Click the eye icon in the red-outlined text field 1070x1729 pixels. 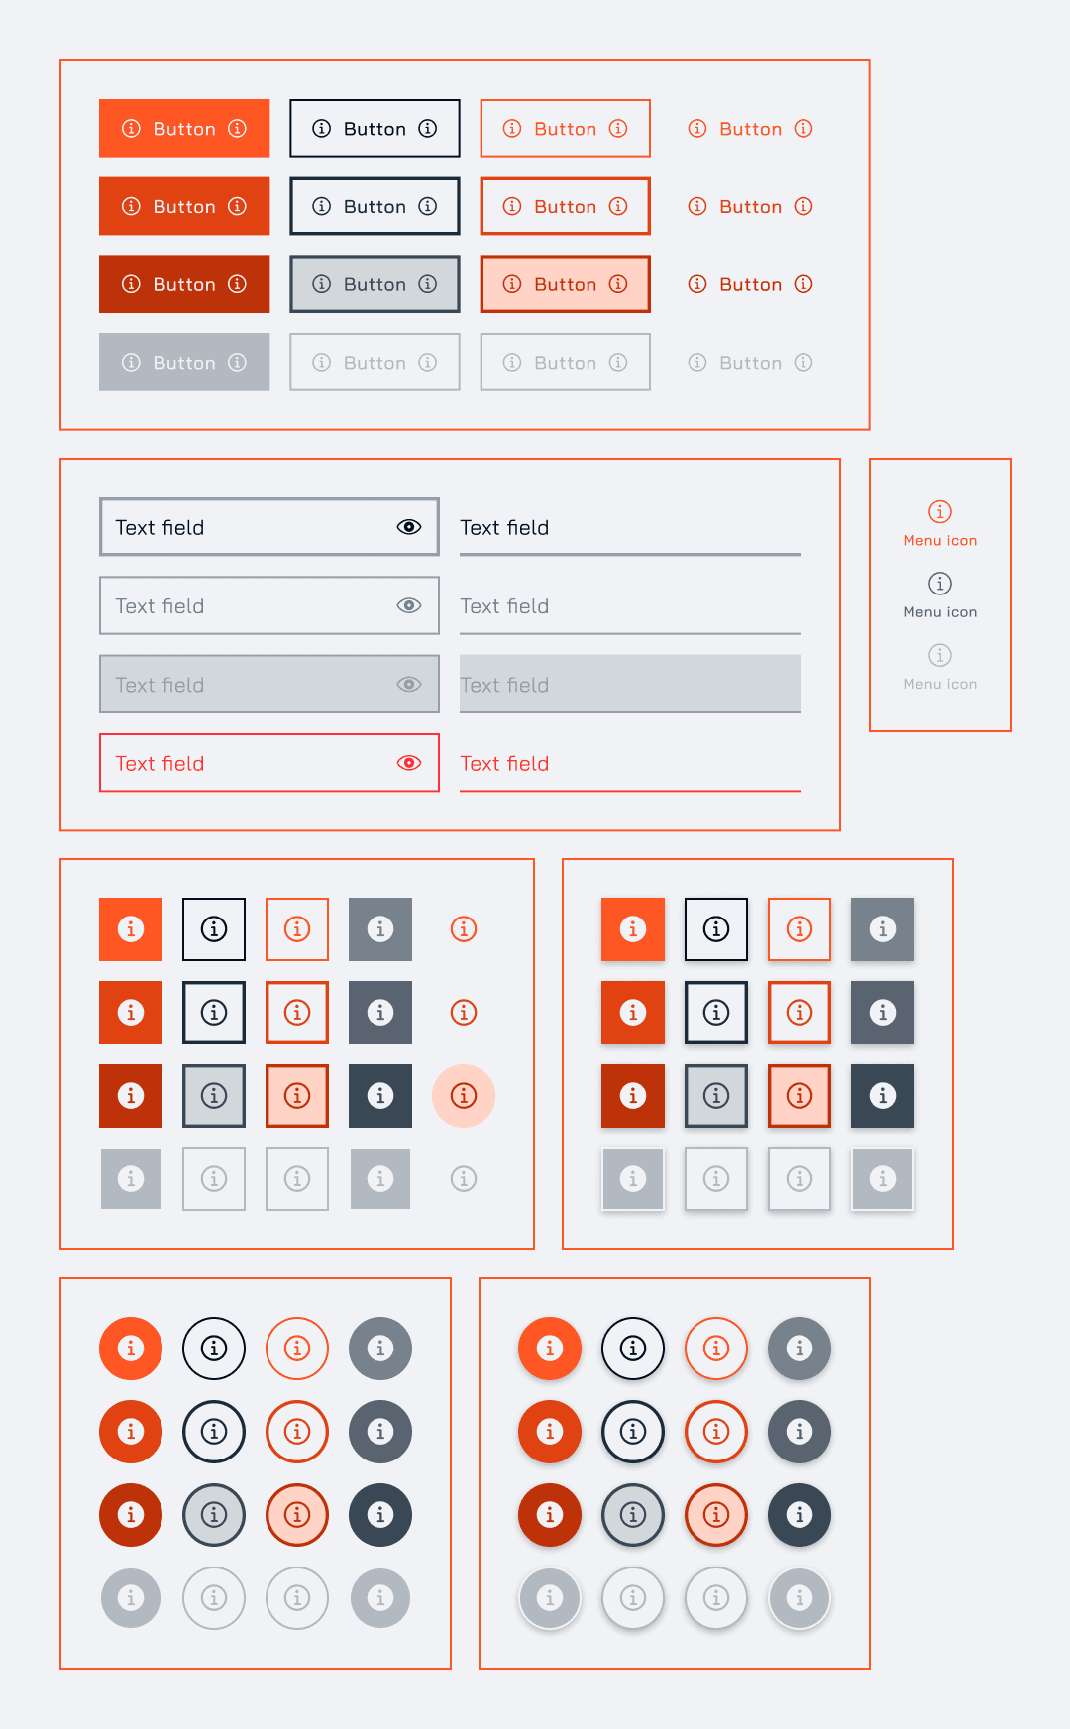(x=409, y=763)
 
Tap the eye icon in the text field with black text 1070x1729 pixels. (x=409, y=527)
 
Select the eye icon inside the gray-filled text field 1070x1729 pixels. (x=409, y=684)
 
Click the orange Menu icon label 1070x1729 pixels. (x=940, y=541)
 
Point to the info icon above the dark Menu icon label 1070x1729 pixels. (x=940, y=584)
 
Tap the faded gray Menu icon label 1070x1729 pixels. (x=940, y=684)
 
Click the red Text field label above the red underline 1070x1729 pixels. (x=504, y=763)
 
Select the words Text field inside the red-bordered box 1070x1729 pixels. (x=160, y=763)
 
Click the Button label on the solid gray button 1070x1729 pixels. (x=184, y=363)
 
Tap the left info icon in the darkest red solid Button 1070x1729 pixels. (x=131, y=284)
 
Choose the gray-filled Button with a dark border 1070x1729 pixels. (x=374, y=284)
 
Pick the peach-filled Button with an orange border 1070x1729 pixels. (x=566, y=284)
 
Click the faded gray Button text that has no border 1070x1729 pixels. (x=751, y=363)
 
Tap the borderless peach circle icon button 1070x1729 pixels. (x=464, y=1096)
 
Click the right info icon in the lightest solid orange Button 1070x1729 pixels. (x=237, y=128)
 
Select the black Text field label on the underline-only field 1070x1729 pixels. (x=504, y=527)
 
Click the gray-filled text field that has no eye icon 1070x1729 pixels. (x=630, y=684)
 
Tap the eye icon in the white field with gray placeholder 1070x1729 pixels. (x=409, y=605)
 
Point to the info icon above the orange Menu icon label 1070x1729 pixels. (x=940, y=511)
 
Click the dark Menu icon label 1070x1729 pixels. (x=940, y=612)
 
